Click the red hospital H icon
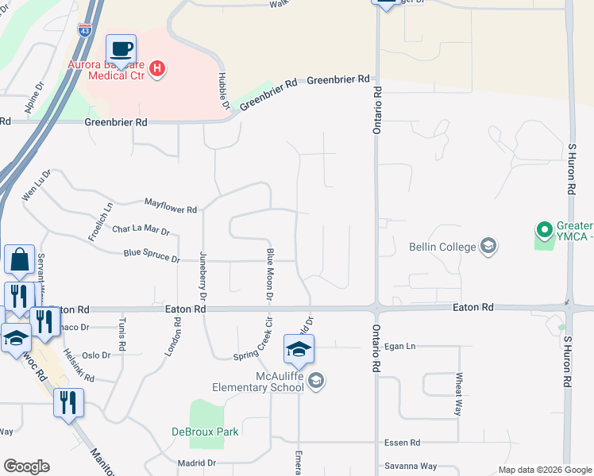tap(157, 69)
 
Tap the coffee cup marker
tap(121, 49)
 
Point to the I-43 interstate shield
tap(85, 30)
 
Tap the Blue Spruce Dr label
tap(152, 255)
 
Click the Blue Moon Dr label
tap(270, 274)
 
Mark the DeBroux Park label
tap(205, 432)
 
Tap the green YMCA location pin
tap(544, 231)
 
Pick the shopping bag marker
tap(19, 259)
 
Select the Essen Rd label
tap(403, 443)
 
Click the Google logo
tap(26, 466)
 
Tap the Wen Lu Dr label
tap(37, 184)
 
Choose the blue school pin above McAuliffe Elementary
tap(299, 349)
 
